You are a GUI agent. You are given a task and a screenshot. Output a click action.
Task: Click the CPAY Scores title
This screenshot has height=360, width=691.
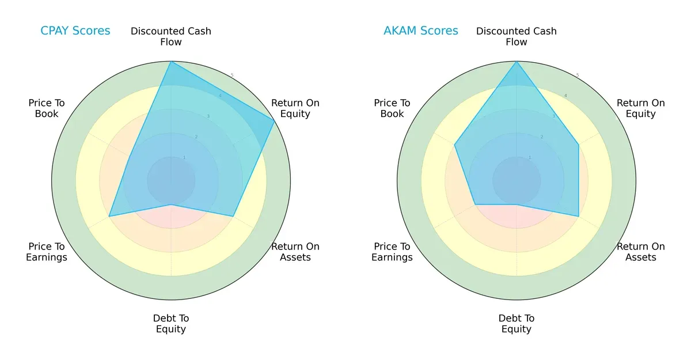pos(75,31)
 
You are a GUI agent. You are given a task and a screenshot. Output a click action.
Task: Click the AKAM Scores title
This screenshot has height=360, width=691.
pos(421,31)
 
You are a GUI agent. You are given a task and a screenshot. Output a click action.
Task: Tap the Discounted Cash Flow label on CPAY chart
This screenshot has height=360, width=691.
pos(171,36)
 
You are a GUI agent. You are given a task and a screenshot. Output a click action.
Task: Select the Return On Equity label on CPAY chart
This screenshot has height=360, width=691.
pos(295,108)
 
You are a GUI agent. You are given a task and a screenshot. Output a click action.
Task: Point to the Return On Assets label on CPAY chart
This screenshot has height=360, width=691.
pos(295,252)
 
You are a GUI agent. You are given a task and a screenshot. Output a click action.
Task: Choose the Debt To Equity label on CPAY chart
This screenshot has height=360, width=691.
pos(171,324)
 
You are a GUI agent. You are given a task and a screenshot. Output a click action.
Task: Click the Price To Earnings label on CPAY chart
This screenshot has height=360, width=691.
pos(47,252)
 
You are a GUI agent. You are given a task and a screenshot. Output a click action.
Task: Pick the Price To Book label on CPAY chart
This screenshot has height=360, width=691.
pos(47,108)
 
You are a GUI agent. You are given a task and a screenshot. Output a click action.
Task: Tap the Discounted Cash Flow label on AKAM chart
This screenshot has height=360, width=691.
pos(517,36)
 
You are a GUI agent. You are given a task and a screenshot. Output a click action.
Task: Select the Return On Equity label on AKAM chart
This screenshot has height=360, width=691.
pos(641,108)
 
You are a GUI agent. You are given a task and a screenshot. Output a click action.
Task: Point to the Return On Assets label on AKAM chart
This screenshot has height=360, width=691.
pos(641,252)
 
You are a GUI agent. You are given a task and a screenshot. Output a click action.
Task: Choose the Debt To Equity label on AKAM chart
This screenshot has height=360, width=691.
pos(517,324)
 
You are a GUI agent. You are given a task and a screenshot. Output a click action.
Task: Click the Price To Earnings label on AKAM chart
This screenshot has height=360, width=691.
pos(392,252)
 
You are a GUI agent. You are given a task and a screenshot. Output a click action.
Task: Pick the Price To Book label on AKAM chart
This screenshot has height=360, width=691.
pos(392,108)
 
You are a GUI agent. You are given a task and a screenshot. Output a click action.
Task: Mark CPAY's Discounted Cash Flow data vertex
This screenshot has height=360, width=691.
pos(171,62)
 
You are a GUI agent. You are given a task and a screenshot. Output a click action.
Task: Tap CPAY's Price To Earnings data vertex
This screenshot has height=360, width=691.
pos(109,217)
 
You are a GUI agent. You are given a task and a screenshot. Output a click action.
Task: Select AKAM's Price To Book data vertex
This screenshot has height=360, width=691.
pos(455,145)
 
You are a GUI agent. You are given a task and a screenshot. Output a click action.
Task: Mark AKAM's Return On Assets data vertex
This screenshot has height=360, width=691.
pos(578,217)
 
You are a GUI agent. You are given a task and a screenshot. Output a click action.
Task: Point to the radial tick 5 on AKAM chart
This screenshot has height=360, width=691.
pos(577,75)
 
